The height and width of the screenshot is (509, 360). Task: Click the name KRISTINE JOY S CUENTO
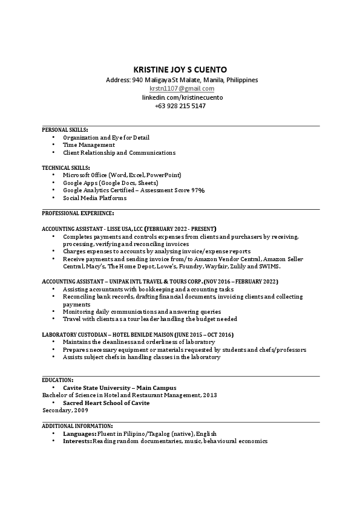click(x=180, y=69)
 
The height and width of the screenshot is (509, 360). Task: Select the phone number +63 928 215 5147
click(x=180, y=106)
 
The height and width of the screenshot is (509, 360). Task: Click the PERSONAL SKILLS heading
click(x=65, y=129)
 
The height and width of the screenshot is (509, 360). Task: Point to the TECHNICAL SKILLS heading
click(x=66, y=167)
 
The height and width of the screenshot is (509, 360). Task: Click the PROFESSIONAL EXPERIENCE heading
click(x=77, y=213)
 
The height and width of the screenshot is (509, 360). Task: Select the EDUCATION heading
click(x=57, y=380)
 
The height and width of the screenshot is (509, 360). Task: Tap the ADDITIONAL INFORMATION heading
click(x=77, y=426)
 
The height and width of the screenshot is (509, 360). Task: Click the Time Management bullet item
click(x=88, y=145)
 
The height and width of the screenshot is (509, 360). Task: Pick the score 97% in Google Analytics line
click(x=198, y=190)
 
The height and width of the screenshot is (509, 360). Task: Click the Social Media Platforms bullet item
click(x=94, y=198)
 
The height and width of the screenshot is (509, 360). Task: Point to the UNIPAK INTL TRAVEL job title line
click(x=160, y=282)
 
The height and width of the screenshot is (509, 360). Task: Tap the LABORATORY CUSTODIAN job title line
click(x=137, y=334)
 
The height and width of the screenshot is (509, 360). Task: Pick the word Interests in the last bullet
click(x=77, y=441)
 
